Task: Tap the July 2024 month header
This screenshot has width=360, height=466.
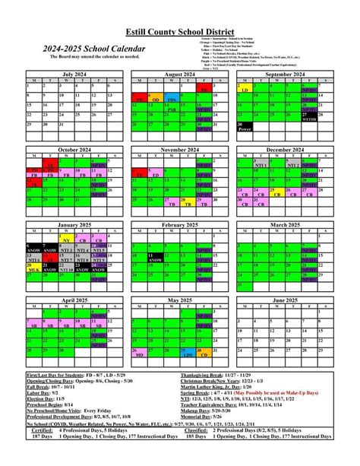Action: tap(74, 74)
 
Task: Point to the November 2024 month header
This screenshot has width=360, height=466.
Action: tap(179, 150)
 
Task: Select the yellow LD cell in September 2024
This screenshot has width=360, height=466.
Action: tap(245, 90)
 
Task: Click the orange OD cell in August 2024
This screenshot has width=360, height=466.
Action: tap(155, 99)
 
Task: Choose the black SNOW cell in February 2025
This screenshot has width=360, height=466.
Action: tap(155, 258)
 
